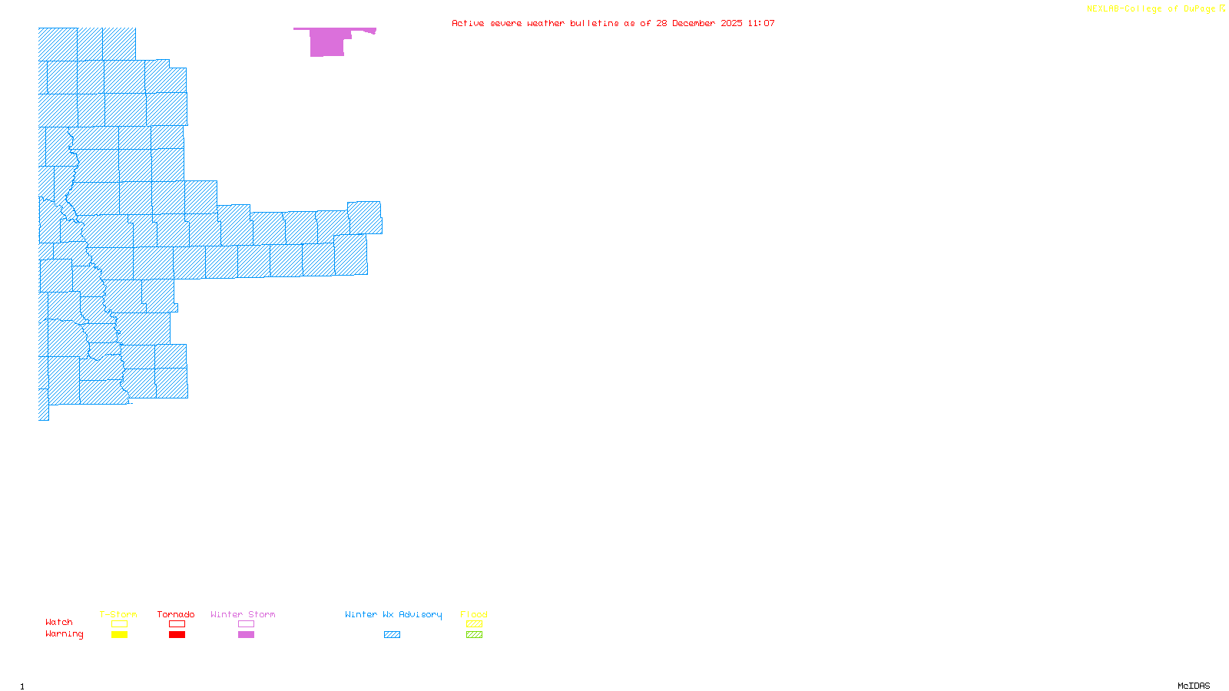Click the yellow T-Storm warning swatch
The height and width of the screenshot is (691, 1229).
coord(119,635)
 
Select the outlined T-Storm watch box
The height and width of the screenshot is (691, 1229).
coord(119,624)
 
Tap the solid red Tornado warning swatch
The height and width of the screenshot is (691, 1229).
coord(177,635)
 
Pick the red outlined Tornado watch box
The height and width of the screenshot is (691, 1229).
coord(177,624)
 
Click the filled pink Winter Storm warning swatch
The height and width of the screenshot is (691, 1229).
coord(246,635)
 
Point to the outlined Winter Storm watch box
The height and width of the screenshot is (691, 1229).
coord(246,624)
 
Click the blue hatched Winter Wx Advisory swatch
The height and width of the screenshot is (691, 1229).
coord(392,635)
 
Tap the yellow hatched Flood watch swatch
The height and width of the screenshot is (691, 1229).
coord(474,624)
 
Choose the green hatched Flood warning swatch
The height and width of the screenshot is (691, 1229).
coord(474,635)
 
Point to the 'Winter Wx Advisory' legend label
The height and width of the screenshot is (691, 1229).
coord(393,614)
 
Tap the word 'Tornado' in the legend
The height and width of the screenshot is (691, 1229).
coord(176,614)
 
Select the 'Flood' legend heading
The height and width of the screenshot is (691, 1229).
coord(474,614)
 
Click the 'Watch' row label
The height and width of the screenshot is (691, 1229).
coord(59,622)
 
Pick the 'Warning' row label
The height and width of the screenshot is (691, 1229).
coord(64,634)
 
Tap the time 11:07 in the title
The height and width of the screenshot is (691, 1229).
coord(761,23)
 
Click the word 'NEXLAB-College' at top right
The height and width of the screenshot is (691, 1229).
coord(1124,9)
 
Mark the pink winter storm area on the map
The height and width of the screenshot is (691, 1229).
coord(326,43)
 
